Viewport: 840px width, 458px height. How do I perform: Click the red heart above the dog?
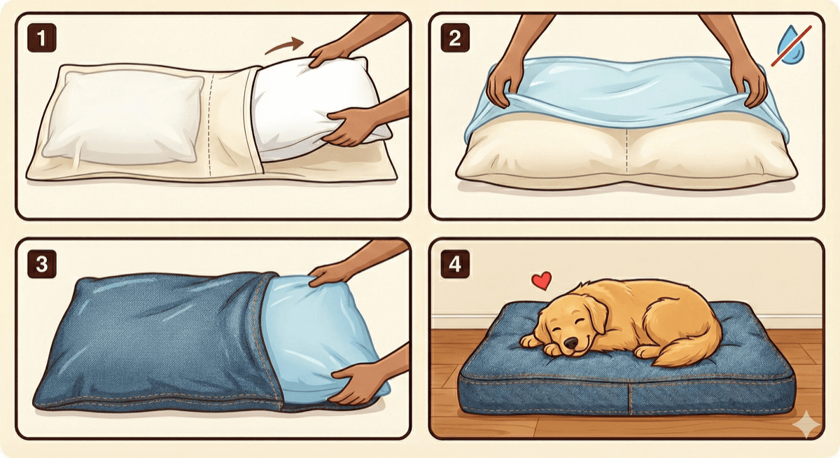[541, 281]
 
